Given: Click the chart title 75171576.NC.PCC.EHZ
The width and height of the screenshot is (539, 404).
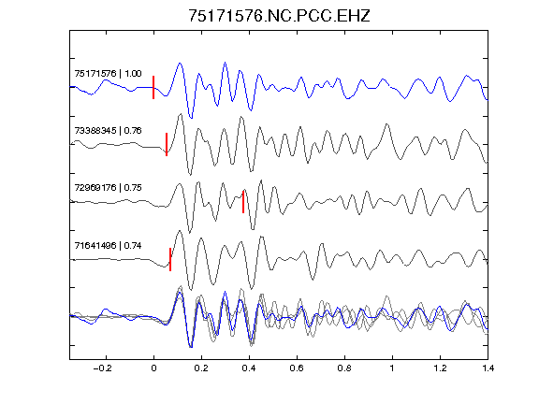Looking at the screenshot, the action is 279,16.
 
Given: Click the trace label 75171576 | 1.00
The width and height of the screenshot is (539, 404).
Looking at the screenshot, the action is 108,74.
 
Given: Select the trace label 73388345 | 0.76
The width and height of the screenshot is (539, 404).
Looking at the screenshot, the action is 108,131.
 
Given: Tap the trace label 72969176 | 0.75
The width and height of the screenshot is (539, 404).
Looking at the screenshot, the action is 108,188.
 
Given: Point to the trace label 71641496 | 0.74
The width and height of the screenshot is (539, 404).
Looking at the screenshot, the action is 108,246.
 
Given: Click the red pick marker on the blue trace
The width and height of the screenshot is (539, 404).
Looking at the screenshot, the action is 153,87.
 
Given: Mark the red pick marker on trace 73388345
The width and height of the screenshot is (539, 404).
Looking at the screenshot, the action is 167,144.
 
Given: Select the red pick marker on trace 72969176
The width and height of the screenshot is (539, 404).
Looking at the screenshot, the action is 243,202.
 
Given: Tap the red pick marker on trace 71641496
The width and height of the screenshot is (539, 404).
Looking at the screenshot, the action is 170,259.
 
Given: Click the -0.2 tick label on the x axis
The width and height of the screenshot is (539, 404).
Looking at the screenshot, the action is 102,368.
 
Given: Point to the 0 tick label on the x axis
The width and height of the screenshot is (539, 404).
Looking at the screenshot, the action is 153,368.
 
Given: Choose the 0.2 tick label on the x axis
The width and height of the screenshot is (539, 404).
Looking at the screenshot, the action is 201,368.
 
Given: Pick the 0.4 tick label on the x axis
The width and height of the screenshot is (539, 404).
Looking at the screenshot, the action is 249,368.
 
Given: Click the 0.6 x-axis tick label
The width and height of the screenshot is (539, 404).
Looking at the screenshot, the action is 297,368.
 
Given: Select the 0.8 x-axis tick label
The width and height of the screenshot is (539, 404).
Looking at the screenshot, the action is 344,368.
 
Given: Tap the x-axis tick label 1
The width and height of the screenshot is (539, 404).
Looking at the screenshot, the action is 392,368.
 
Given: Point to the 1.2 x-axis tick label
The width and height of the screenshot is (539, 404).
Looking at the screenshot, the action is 440,368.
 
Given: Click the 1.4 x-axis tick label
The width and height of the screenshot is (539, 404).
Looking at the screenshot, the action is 488,368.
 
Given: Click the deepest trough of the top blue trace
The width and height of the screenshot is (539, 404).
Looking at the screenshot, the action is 191,118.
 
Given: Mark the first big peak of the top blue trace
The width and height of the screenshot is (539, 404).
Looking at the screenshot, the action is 180,64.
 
